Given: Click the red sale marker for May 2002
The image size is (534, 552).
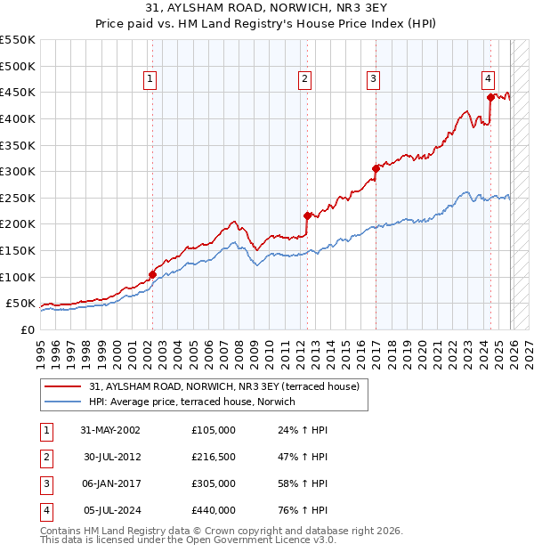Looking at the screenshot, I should pyautogui.click(x=152, y=275).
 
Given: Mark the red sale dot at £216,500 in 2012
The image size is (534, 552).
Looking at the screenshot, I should pyautogui.click(x=307, y=215).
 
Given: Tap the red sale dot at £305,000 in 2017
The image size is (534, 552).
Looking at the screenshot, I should pyautogui.click(x=376, y=168).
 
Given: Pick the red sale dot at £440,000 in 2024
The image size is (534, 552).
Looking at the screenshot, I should pyautogui.click(x=490, y=97).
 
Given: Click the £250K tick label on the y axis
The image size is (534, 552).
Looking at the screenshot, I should pyautogui.click(x=18, y=198).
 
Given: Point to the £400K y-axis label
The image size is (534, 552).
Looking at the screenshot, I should pyautogui.click(x=18, y=118).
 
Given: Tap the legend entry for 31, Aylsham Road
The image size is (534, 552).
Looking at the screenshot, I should pyautogui.click(x=223, y=386).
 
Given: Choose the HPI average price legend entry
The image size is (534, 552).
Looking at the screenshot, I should pyautogui.click(x=197, y=402).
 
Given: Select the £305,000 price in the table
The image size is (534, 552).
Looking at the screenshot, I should pyautogui.click(x=213, y=483).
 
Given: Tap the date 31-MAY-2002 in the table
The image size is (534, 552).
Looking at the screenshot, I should pyautogui.click(x=110, y=430).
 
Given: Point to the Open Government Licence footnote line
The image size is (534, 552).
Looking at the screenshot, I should pyautogui.click(x=188, y=540).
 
